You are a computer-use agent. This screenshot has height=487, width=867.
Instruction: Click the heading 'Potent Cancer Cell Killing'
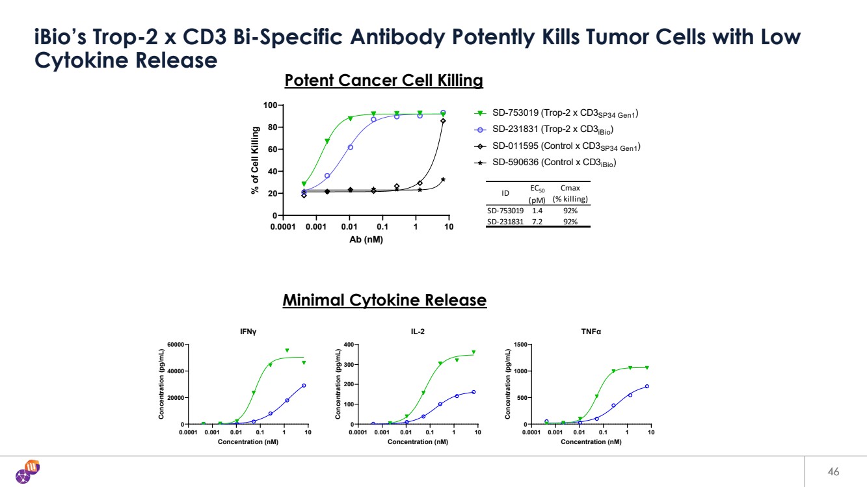tap(384, 81)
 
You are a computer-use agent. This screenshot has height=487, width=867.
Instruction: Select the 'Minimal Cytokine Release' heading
tap(384, 300)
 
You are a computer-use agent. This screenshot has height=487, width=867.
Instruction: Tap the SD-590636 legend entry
tap(554, 163)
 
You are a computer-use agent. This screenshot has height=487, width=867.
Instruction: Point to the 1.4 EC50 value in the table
tap(537, 211)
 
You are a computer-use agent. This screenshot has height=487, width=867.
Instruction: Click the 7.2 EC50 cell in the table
tap(537, 222)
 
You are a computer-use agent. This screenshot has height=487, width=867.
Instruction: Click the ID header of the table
tap(505, 193)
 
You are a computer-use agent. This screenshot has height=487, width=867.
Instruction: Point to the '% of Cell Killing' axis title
tap(256, 160)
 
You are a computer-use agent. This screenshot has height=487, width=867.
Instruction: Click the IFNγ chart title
tap(248, 332)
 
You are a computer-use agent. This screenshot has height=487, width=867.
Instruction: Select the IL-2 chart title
tap(418, 332)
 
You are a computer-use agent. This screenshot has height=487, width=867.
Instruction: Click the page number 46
tap(833, 471)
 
